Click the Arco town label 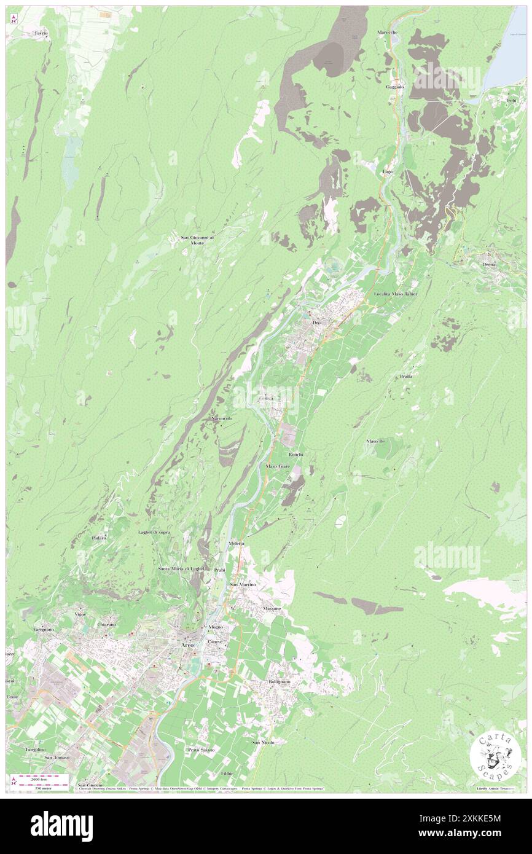coord(187,645)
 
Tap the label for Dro coord(317,322)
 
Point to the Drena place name coord(490,264)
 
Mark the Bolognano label coord(283,683)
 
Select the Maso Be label coord(375,441)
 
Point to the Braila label coord(405,375)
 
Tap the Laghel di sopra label coord(154,531)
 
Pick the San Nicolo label coord(263,742)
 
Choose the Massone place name coord(272,608)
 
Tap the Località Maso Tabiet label coord(396,294)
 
